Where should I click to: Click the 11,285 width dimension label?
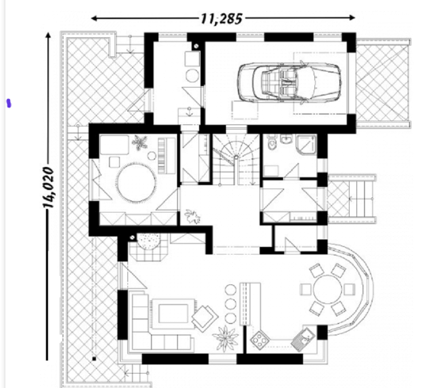point(221,18)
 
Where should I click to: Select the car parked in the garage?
point(289,82)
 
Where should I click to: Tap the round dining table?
point(327,289)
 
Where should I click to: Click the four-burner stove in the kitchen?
point(260,339)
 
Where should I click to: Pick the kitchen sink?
point(303,339)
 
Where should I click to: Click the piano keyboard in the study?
point(162,155)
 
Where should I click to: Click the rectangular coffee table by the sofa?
point(173,313)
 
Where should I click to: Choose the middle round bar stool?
point(230,304)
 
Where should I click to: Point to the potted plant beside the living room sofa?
point(225,338)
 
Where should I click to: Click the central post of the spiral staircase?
point(236,157)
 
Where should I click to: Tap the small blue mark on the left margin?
point(8,103)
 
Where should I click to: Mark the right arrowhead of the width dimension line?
point(352,17)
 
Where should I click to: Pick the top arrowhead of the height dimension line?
point(48,35)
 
